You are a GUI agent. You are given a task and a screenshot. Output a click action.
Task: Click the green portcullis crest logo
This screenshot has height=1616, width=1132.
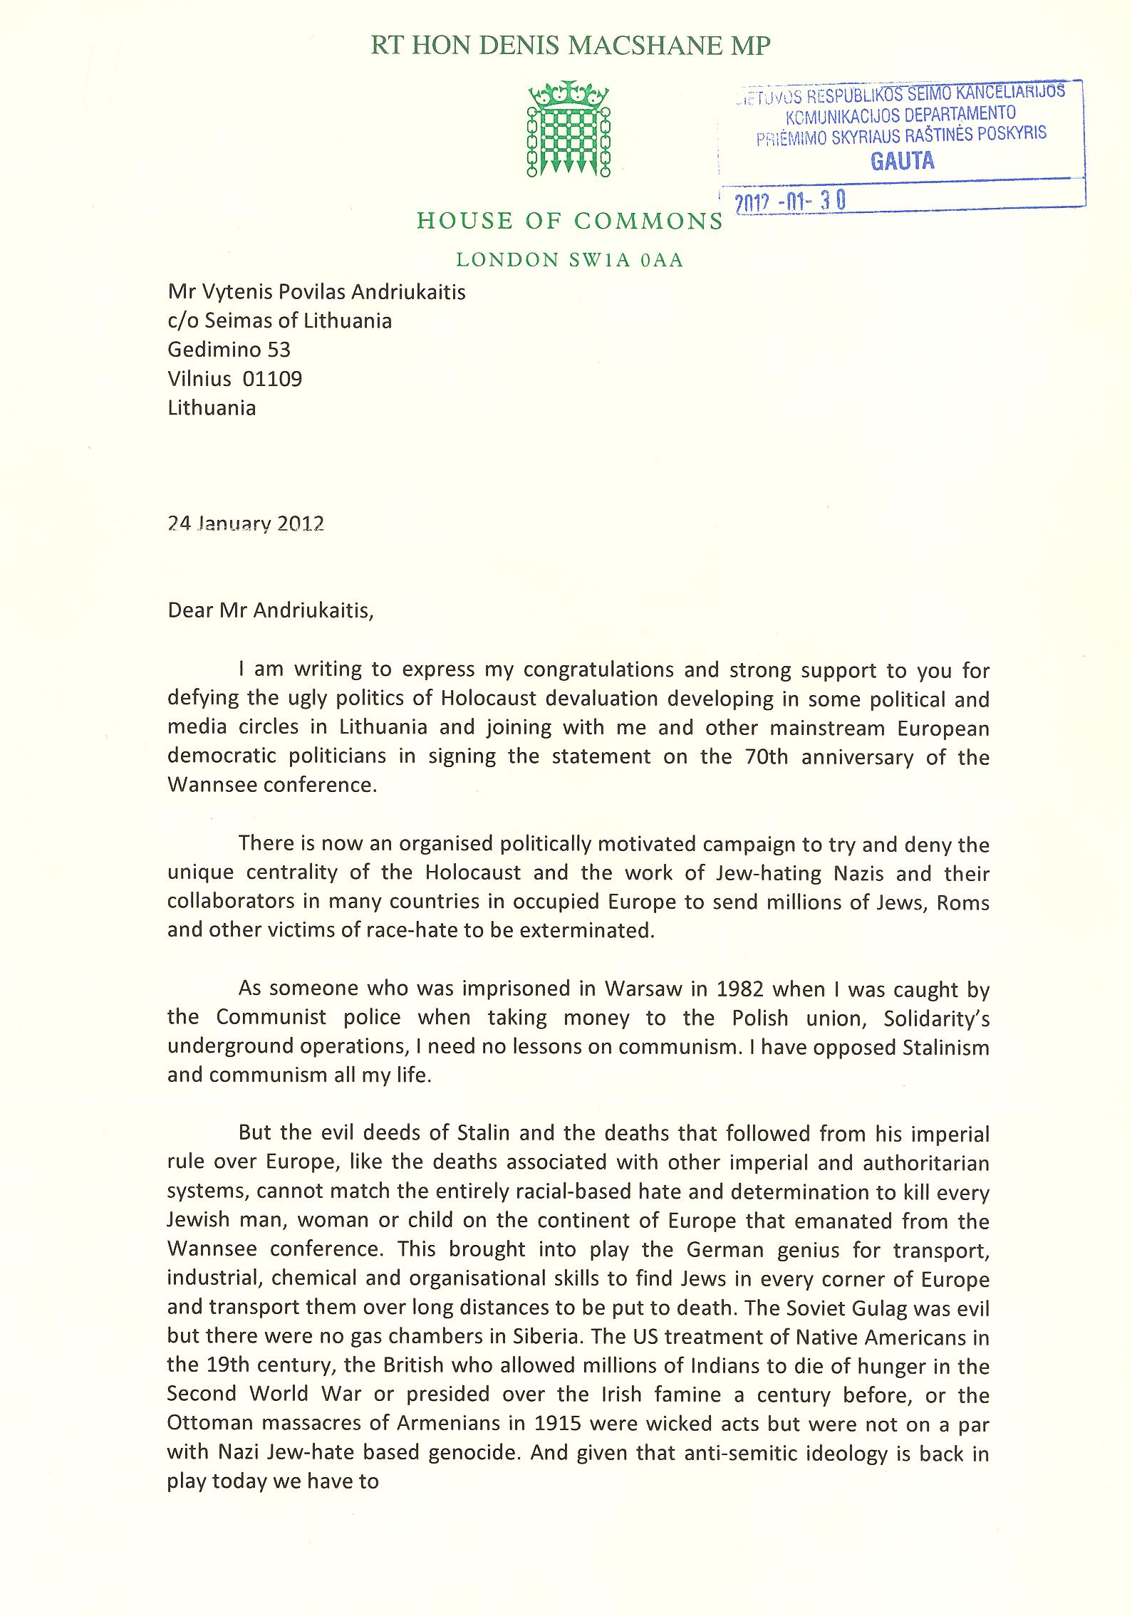(568, 129)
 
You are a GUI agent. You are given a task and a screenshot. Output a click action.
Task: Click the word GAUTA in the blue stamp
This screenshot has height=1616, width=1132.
(902, 161)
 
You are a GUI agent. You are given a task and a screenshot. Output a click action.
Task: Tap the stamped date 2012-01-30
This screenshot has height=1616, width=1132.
(790, 202)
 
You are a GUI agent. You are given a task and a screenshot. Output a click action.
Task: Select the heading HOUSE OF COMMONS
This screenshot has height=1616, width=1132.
(570, 221)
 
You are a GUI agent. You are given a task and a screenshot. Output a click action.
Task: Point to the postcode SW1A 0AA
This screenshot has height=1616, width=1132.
(625, 261)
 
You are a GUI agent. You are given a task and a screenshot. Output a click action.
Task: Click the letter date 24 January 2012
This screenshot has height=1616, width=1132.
(246, 524)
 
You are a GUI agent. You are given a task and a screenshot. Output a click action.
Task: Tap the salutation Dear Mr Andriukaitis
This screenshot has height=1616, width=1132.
(270, 611)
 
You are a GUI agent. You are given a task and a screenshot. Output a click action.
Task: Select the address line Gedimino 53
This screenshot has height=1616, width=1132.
(229, 350)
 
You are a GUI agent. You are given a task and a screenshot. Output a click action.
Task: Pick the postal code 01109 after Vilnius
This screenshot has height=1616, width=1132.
(272, 379)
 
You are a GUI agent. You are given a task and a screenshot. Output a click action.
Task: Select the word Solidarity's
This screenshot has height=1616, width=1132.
(936, 1018)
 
